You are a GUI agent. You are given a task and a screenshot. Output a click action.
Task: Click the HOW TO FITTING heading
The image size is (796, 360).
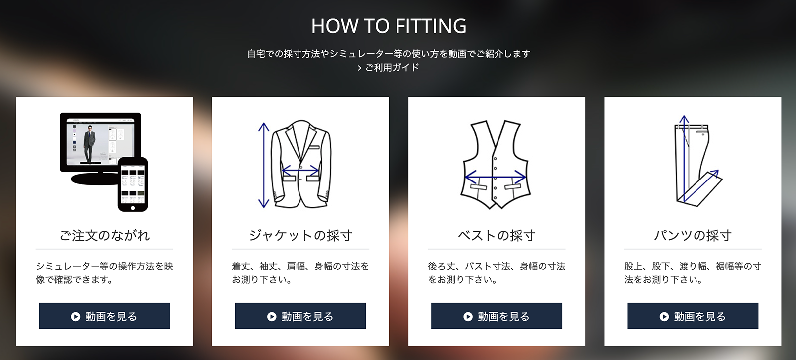click(x=389, y=26)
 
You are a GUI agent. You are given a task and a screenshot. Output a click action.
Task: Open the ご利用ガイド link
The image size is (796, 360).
click(x=389, y=68)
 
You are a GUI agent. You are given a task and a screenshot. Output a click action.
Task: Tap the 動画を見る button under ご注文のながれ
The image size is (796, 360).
click(x=104, y=316)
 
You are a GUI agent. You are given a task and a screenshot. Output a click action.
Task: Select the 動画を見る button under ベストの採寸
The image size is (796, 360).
click(x=497, y=316)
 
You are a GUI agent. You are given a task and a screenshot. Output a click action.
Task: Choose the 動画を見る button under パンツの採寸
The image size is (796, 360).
click(x=693, y=316)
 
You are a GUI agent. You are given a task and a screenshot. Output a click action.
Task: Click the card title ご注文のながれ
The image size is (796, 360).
click(x=104, y=235)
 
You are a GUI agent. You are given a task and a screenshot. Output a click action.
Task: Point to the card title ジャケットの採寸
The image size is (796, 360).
click(x=300, y=235)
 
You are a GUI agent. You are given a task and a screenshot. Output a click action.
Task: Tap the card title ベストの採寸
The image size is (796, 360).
click(x=497, y=235)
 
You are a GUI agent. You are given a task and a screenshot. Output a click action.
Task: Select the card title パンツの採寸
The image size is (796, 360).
click(x=693, y=235)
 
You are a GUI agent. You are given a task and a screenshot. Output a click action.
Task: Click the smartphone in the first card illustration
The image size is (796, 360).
click(x=133, y=184)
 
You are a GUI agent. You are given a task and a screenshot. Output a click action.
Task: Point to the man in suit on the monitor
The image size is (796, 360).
click(x=89, y=144)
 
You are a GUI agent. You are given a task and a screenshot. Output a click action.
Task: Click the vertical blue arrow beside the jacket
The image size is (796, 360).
click(x=264, y=165)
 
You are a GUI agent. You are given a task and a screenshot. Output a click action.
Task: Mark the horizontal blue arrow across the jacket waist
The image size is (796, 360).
click(x=300, y=171)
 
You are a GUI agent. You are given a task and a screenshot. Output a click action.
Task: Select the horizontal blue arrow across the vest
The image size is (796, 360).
click(x=496, y=177)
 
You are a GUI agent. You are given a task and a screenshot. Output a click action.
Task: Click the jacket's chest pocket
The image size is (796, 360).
click(x=314, y=147)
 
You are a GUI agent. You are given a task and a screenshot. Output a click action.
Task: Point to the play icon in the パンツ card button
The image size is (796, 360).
click(x=664, y=316)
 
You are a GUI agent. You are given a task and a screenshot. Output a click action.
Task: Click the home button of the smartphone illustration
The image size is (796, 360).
click(x=133, y=208)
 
